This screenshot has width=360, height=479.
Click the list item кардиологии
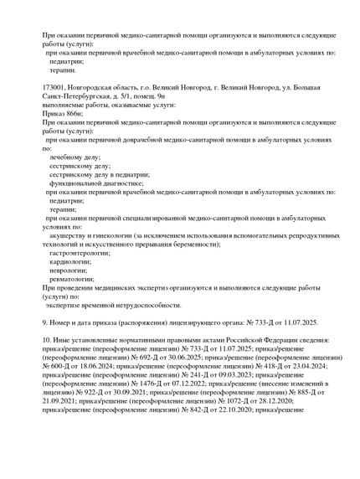[69, 262]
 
